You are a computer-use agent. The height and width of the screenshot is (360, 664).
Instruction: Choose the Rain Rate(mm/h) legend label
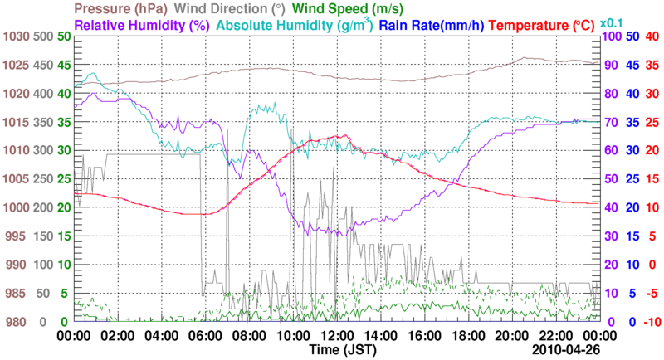point(431,26)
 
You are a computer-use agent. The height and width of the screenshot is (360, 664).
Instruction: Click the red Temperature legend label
point(544,26)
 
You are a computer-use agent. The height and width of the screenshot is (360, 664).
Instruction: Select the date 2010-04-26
point(567,351)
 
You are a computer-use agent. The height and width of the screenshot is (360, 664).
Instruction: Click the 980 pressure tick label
point(17,322)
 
